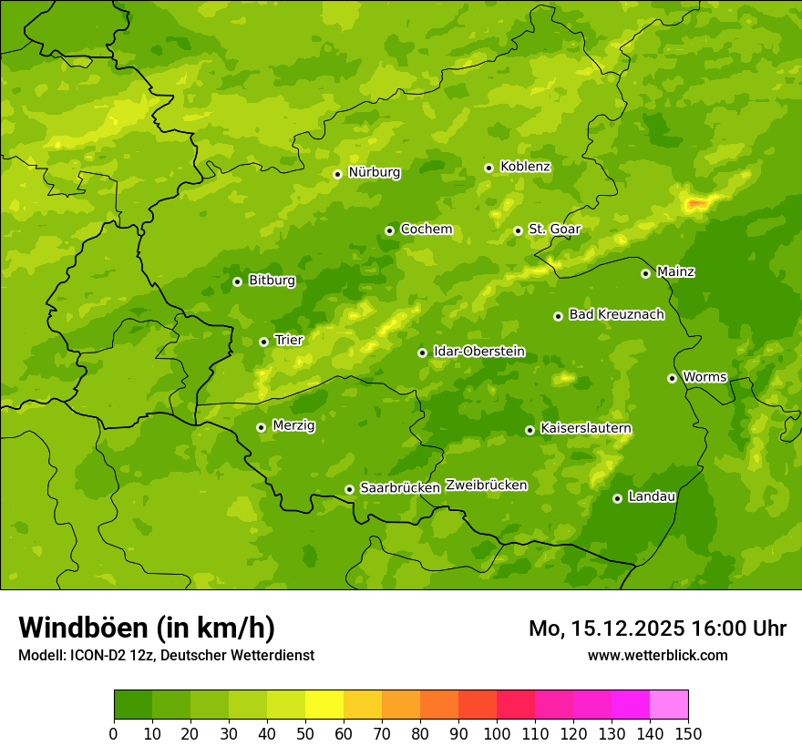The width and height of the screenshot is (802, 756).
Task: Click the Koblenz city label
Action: tap(525, 167)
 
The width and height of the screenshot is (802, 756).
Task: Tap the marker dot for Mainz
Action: tap(645, 273)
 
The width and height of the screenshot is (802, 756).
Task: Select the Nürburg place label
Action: tap(374, 172)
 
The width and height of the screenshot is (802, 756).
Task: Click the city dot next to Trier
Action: tap(263, 342)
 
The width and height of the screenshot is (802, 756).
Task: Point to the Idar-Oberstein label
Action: tap(478, 352)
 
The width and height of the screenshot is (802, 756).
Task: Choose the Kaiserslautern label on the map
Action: tap(586, 428)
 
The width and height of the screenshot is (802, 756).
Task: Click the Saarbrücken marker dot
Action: tap(349, 489)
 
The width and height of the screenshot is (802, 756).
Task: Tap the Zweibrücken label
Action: tap(486, 485)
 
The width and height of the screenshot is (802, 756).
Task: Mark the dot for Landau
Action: tap(617, 498)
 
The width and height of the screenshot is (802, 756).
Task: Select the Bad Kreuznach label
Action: tap(616, 314)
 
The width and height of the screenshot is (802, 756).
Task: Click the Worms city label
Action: tap(704, 377)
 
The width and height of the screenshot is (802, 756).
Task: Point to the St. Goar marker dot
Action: tap(518, 230)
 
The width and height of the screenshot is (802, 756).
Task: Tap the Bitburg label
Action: tap(272, 281)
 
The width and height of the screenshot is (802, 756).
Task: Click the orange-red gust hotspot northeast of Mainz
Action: tap(698, 204)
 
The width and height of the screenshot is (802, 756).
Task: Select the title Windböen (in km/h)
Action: tap(146, 628)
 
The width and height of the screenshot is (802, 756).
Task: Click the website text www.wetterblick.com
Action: tap(657, 655)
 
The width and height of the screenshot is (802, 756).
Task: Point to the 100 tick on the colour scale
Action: tap(497, 733)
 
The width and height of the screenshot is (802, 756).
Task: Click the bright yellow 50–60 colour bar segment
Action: tap(324, 705)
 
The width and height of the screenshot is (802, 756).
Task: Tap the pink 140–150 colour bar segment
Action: tap(669, 705)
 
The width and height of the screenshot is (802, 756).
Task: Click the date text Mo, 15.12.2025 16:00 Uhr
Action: tap(657, 628)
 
